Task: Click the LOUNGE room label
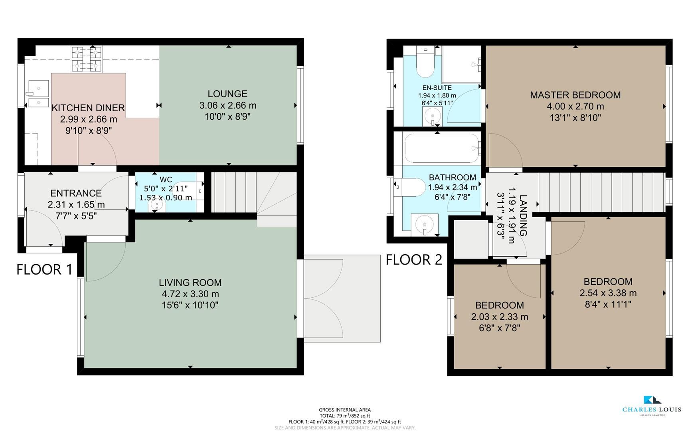227,94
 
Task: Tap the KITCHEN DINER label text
88,108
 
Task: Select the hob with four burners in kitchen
87,59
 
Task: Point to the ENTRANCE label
76,193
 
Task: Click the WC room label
166,180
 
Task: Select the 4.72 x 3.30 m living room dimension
190,294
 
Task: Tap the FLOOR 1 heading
45,270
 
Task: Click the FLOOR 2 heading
414,260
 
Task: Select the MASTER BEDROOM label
575,95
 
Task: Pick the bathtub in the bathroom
441,148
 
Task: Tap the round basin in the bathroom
424,225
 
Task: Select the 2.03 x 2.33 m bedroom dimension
499,317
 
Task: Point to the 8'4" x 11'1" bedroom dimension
608,304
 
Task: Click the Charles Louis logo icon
652,400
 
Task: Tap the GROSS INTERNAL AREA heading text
345,410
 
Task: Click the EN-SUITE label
437,88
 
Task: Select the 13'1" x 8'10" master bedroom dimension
575,118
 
